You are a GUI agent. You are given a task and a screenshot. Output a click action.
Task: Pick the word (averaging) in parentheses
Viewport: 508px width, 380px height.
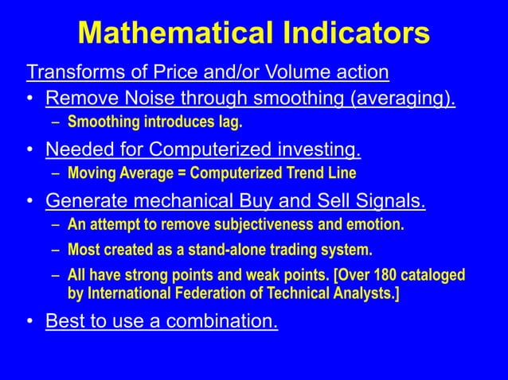click(x=400, y=99)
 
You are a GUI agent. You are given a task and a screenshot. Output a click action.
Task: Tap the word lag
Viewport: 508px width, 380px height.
click(x=229, y=122)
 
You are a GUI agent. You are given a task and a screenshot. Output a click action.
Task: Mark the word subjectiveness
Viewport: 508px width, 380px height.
click(x=260, y=224)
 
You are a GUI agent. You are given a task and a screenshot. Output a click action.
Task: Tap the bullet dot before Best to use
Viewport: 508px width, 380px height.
click(x=29, y=323)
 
